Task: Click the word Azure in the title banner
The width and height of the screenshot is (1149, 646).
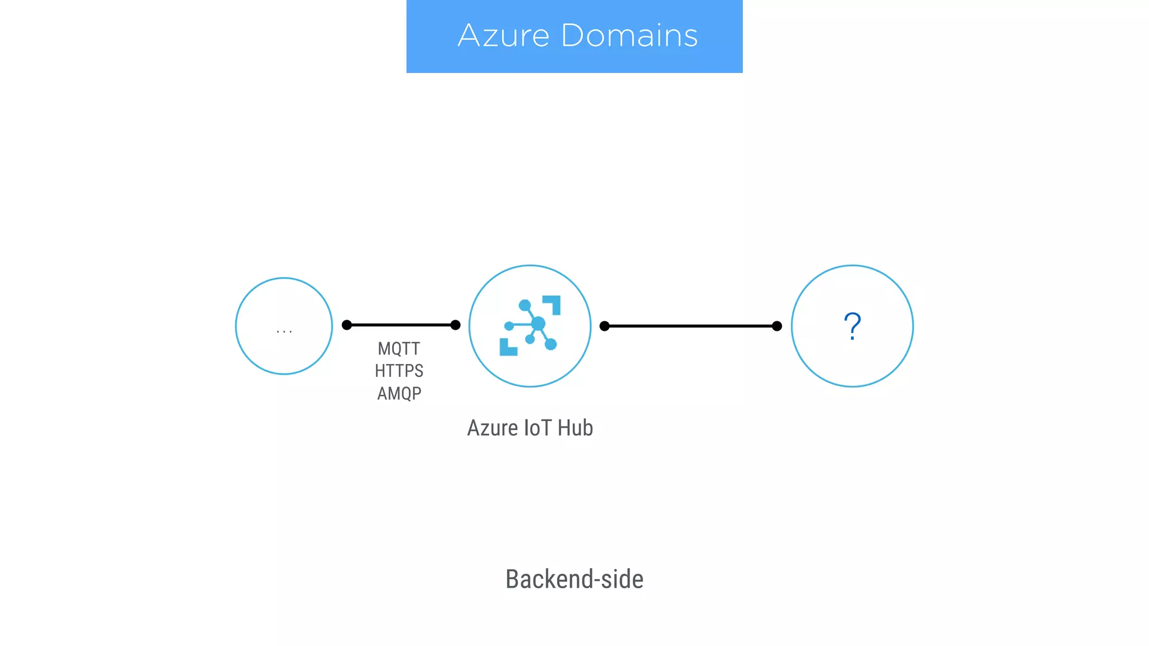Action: click(503, 36)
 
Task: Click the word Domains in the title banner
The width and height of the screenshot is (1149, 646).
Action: click(629, 36)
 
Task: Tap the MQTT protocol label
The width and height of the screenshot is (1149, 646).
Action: click(399, 349)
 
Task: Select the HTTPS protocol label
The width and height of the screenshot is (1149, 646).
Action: click(399, 371)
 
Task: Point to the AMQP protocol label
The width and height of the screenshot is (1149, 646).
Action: click(399, 394)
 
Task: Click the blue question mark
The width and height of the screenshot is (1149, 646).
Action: click(852, 326)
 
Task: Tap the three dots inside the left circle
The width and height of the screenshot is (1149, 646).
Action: click(284, 331)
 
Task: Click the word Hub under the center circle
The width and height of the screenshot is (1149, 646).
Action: click(575, 428)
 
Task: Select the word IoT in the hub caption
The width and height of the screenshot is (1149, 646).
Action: click(537, 428)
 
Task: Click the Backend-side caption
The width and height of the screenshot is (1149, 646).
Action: click(574, 579)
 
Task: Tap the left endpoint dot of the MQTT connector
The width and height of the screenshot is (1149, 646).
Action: click(347, 325)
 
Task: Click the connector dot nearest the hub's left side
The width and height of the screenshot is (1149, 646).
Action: click(456, 325)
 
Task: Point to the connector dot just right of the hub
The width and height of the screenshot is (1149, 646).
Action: click(604, 326)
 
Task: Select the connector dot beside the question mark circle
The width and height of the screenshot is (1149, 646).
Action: click(777, 326)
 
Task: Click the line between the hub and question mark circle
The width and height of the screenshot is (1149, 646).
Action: click(691, 326)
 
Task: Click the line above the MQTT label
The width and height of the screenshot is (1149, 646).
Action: click(401, 325)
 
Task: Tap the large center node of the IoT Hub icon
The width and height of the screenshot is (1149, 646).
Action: click(538, 324)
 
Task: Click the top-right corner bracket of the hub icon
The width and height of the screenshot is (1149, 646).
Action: click(553, 303)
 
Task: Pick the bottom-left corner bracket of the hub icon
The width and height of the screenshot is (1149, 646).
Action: click(507, 348)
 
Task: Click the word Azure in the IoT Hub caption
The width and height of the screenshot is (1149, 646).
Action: click(492, 428)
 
